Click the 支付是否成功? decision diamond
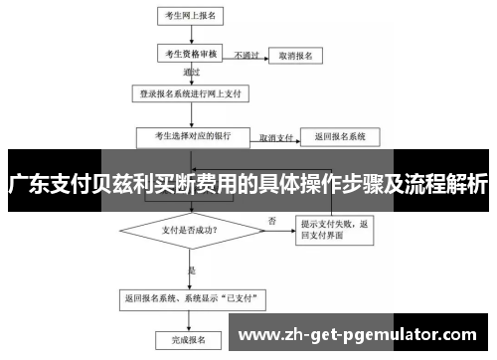tap(190, 229)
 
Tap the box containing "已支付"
tap(189, 296)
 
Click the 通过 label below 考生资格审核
tap(192, 74)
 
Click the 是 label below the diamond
tap(192, 270)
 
